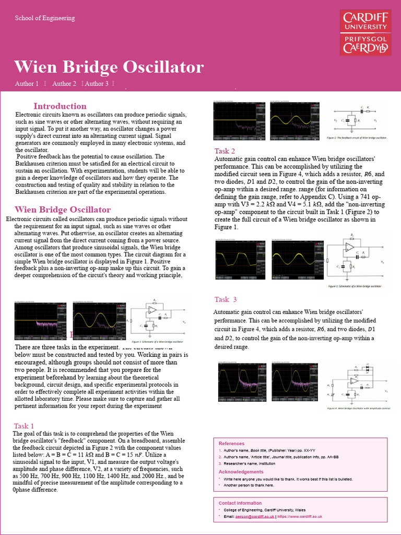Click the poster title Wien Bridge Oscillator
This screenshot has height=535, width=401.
click(x=109, y=67)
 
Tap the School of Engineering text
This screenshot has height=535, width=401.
click(x=45, y=18)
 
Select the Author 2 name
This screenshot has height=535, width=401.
click(x=64, y=84)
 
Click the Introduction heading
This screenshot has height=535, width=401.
click(x=60, y=106)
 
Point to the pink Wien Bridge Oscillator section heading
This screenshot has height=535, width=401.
click(x=63, y=210)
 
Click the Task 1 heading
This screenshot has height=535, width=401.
click(x=24, y=426)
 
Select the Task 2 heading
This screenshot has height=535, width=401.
click(x=225, y=151)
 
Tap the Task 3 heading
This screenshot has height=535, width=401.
click(x=226, y=299)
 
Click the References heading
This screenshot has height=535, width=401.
click(x=231, y=444)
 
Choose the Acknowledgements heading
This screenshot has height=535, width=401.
click(x=241, y=472)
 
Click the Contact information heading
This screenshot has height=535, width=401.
click(x=240, y=503)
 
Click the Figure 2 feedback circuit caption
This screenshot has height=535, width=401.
click(x=357, y=137)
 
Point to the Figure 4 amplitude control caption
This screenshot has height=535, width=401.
click(x=358, y=408)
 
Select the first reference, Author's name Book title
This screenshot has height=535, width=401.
click(x=269, y=450)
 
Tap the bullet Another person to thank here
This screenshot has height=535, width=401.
click(x=249, y=485)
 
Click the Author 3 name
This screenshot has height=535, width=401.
click(x=97, y=84)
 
